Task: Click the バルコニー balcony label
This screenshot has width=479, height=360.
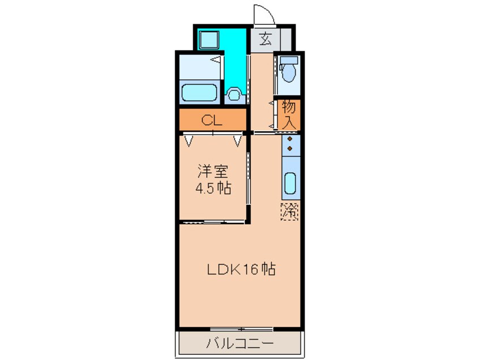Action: click(239, 343)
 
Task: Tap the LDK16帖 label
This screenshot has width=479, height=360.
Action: click(240, 270)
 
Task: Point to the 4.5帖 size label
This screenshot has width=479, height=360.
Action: click(213, 188)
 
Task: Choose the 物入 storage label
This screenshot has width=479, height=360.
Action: click(289, 114)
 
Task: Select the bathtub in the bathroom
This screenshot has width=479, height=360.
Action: click(199, 92)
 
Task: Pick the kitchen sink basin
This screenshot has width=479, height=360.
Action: click(290, 183)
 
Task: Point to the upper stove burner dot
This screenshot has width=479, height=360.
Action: click(290, 138)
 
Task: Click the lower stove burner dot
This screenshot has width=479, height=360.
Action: click(290, 148)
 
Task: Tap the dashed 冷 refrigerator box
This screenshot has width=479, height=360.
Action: click(290, 212)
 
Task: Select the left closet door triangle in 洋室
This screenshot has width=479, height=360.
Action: click(188, 139)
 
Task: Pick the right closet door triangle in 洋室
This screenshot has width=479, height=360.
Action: click(237, 139)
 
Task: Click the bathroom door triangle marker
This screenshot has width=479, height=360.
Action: click(216, 59)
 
